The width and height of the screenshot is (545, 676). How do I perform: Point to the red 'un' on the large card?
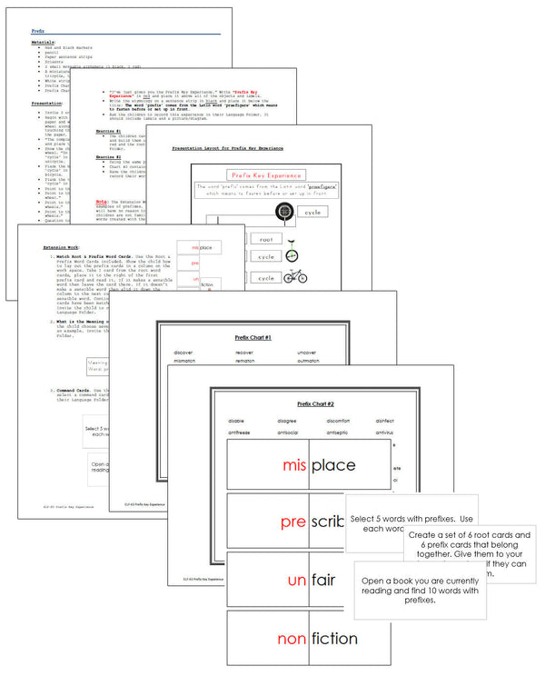tap(295, 581)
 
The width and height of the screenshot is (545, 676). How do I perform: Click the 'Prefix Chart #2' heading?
tap(316, 403)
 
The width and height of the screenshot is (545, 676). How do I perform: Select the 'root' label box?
tap(266, 239)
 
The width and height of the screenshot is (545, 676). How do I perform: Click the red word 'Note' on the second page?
tap(102, 201)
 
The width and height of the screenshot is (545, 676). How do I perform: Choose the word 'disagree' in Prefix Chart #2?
tap(289, 420)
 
